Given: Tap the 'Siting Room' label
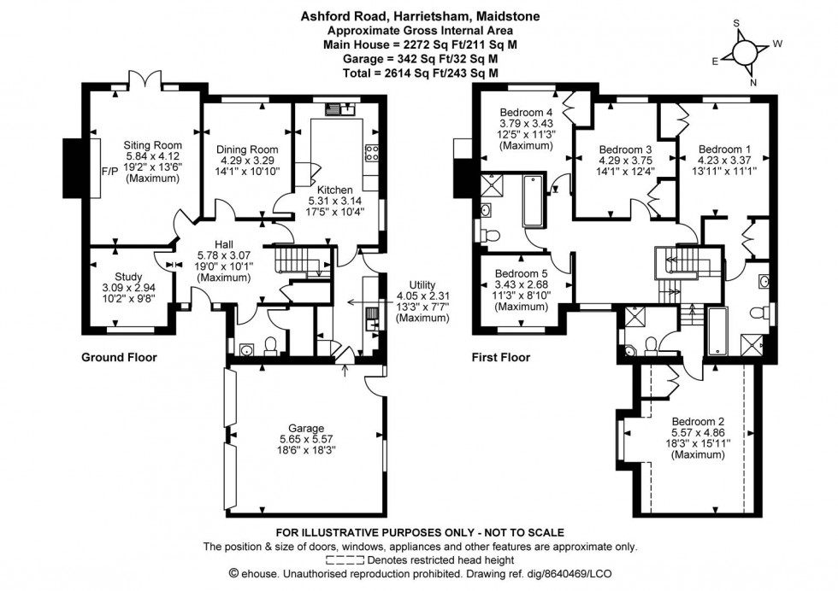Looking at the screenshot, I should tap(148, 145).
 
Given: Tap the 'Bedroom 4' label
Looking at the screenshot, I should tap(526, 113).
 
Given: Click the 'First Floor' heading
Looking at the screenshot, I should tap(501, 358).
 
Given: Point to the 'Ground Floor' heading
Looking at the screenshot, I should tap(119, 358).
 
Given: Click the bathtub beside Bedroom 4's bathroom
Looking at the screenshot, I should tap(531, 201).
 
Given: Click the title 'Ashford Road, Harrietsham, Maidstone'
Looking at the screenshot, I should tap(419, 15).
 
